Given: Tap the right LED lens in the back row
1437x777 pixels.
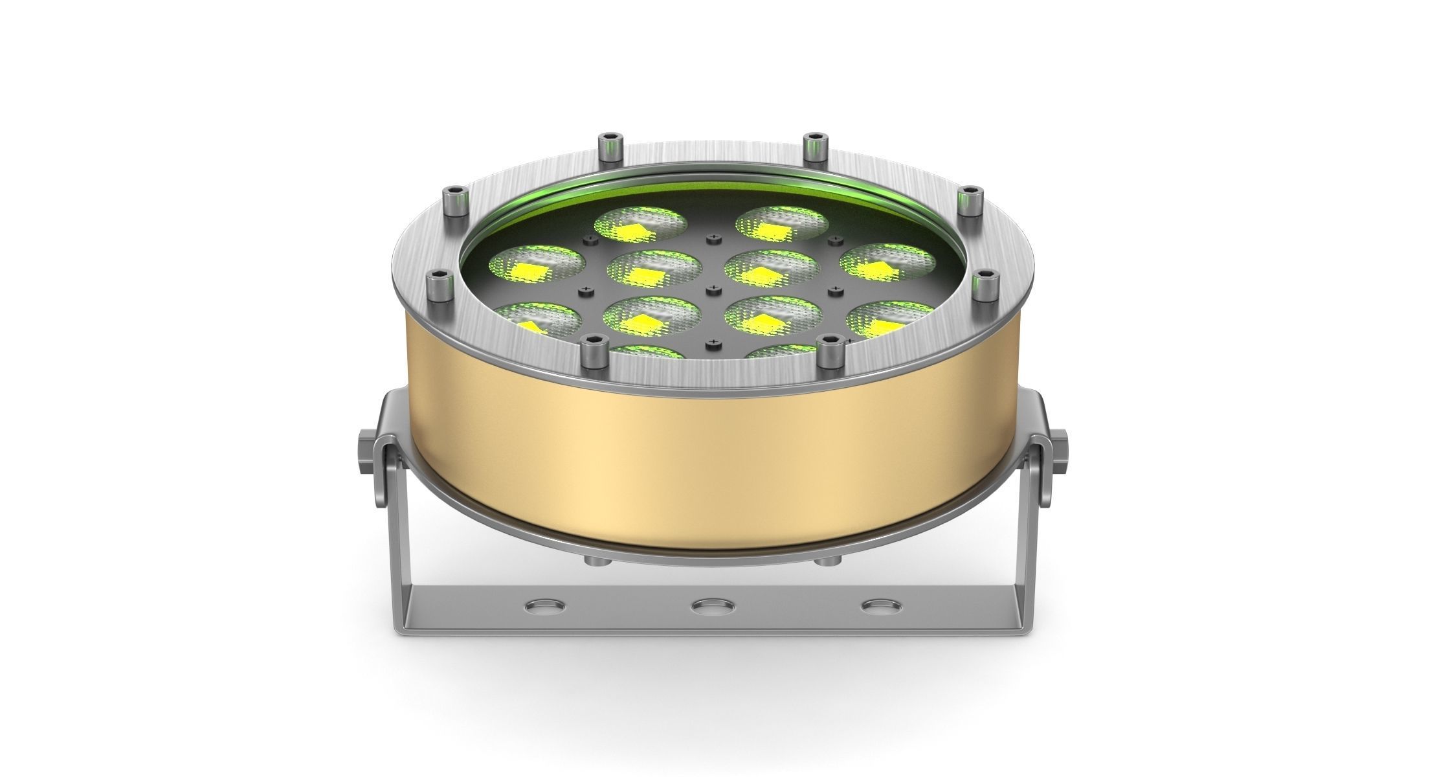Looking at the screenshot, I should [781, 224].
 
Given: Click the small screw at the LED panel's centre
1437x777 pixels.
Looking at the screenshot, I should [713, 287].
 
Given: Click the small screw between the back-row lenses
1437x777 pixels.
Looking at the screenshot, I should [713, 240].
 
